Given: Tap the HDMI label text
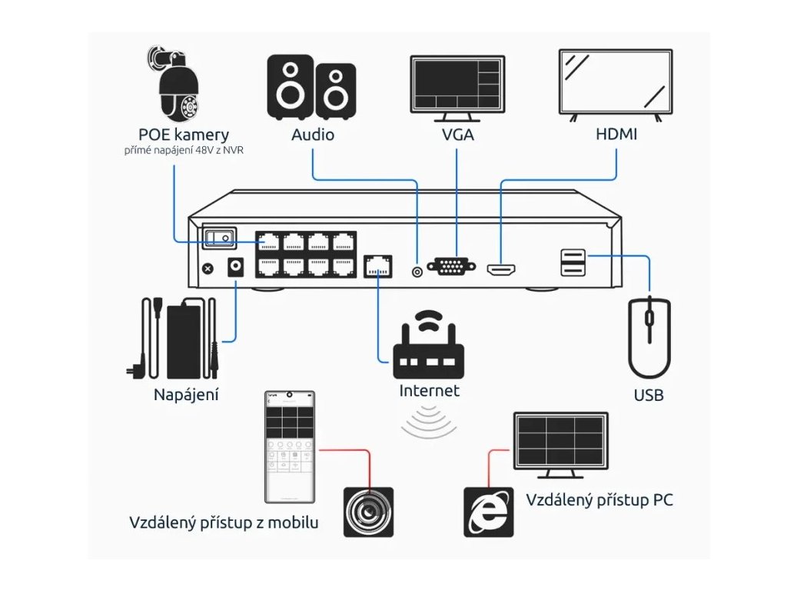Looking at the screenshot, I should click(x=616, y=135).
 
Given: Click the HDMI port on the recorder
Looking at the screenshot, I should click(x=501, y=269).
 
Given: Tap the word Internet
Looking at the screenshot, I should click(x=429, y=391).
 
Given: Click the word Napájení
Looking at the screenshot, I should click(x=186, y=396).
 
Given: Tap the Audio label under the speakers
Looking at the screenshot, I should click(x=313, y=135).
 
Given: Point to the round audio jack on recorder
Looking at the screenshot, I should click(x=417, y=272).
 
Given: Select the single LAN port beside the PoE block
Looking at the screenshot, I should click(x=377, y=265).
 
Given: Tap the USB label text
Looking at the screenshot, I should click(x=649, y=396).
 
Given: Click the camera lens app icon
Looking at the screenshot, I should click(x=368, y=512).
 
